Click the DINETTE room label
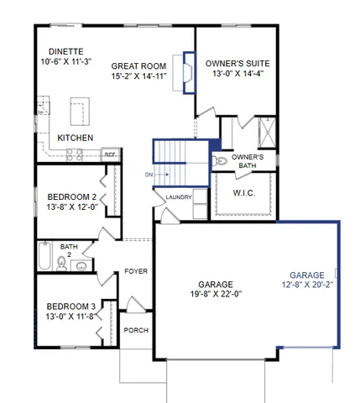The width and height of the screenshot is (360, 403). (x=65, y=50)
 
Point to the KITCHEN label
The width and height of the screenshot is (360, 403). (x=75, y=138)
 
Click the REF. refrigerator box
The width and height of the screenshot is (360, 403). (x=109, y=154)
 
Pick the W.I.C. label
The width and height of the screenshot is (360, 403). (x=243, y=193)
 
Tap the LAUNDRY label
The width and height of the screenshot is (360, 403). (x=179, y=198)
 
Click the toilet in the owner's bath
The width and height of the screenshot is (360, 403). (x=221, y=160)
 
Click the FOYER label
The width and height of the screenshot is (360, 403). (x=136, y=271)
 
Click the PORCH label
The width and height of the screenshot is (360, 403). (x=135, y=330)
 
